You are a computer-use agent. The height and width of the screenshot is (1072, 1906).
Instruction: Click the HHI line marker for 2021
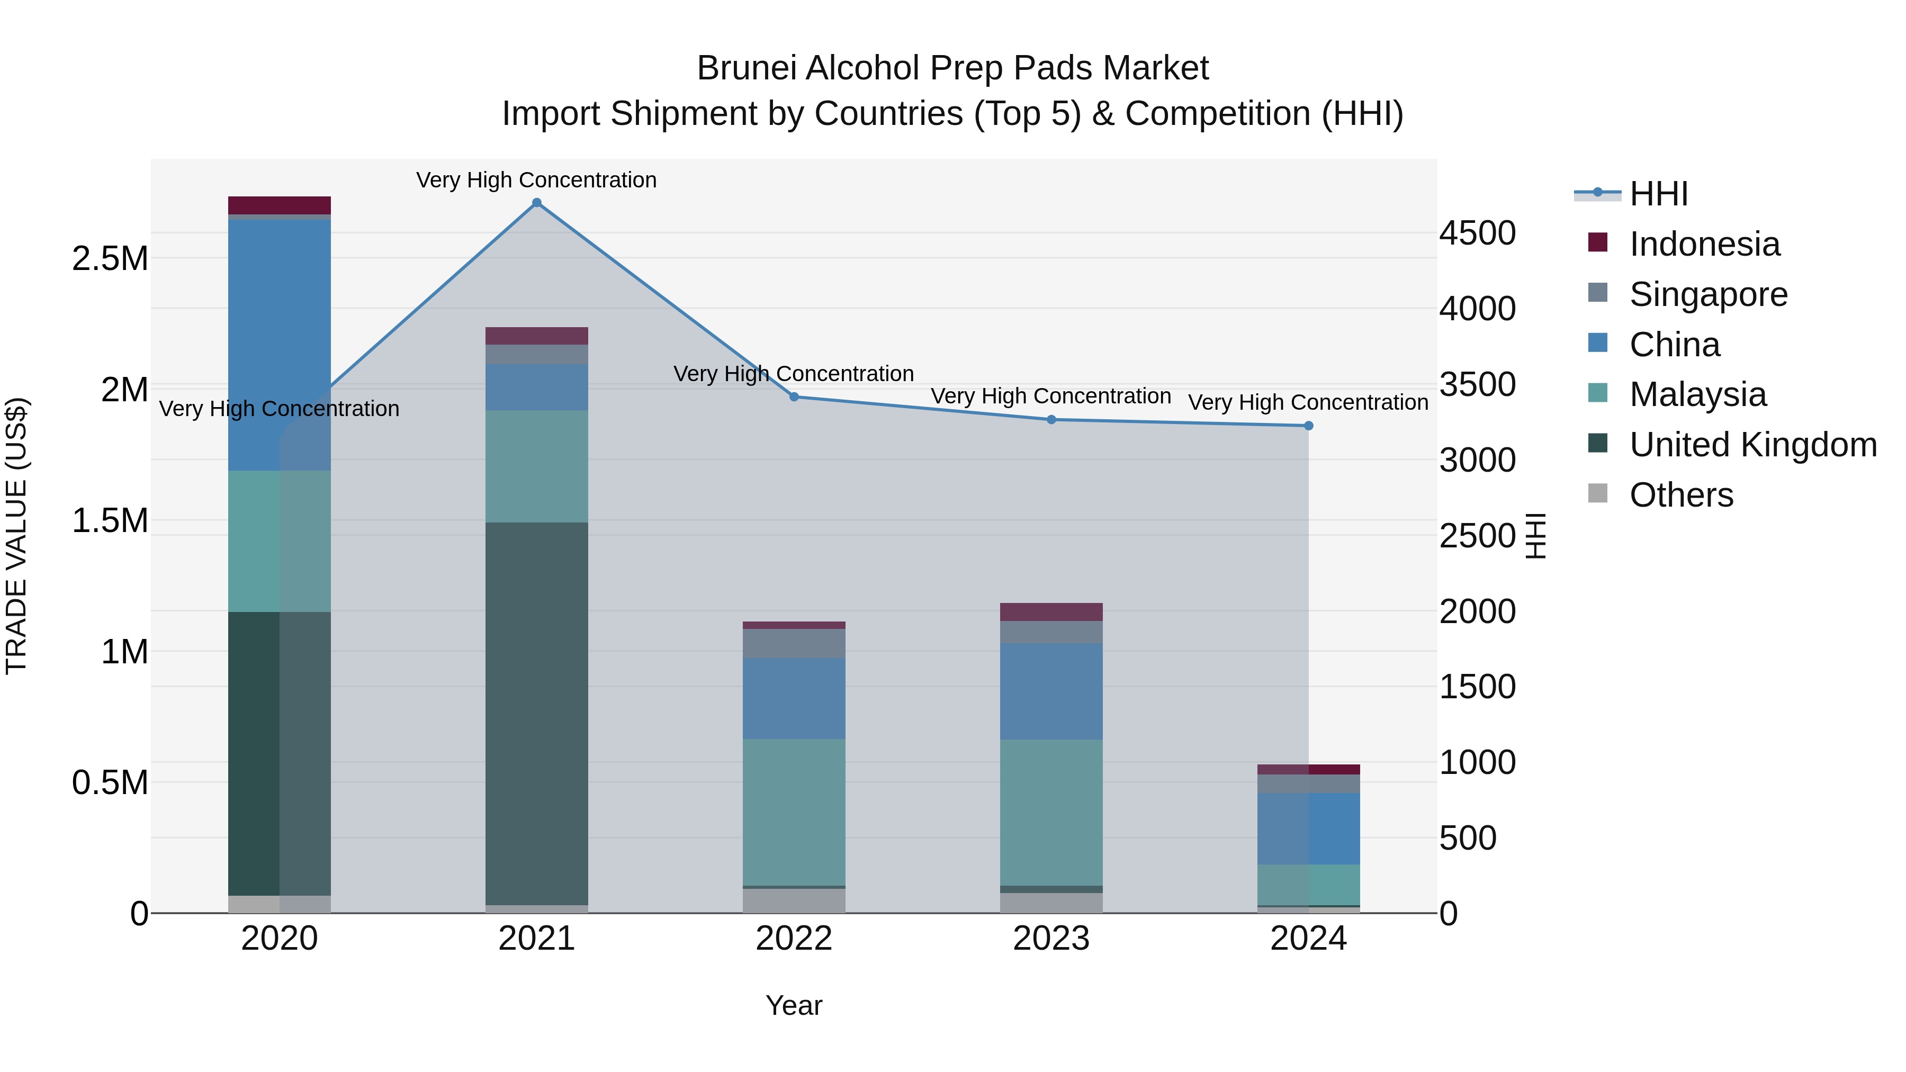pyautogui.click(x=536, y=203)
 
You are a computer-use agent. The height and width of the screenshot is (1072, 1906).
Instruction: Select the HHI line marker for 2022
pyautogui.click(x=794, y=397)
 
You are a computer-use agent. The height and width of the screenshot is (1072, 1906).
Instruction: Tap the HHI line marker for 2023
pyautogui.click(x=1051, y=419)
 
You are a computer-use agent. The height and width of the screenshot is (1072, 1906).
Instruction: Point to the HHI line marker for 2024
pyautogui.click(x=1308, y=426)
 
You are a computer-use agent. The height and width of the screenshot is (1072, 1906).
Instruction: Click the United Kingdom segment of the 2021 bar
pyautogui.click(x=536, y=714)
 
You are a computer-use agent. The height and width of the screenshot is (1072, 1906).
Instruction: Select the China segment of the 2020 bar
pyautogui.click(x=279, y=345)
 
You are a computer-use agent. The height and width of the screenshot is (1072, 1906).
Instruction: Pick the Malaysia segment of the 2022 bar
pyautogui.click(x=794, y=812)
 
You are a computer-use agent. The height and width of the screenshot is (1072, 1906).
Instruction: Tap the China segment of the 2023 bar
pyautogui.click(x=1051, y=691)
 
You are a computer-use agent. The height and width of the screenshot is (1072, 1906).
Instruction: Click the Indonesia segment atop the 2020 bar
pyautogui.click(x=279, y=205)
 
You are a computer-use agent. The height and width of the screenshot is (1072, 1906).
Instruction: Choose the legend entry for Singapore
pyautogui.click(x=1707, y=294)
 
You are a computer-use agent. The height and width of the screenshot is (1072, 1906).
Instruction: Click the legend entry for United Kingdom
pyautogui.click(x=1752, y=445)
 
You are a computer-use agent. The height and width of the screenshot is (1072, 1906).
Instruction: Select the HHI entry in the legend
pyautogui.click(x=1658, y=194)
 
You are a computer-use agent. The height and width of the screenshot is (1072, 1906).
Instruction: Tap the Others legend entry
pyautogui.click(x=1680, y=495)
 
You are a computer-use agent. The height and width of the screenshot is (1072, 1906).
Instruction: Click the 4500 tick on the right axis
pyautogui.click(x=1477, y=233)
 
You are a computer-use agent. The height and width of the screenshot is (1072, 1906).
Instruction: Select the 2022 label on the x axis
pyautogui.click(x=794, y=939)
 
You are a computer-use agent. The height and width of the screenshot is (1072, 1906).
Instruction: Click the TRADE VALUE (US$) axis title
pyautogui.click(x=16, y=536)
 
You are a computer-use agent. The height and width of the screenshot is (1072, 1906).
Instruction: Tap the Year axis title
pyautogui.click(x=794, y=1005)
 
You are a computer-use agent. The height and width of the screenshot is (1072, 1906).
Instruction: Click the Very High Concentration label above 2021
pyautogui.click(x=536, y=180)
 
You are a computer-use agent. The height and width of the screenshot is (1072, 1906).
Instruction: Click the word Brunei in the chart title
pyautogui.click(x=746, y=68)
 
